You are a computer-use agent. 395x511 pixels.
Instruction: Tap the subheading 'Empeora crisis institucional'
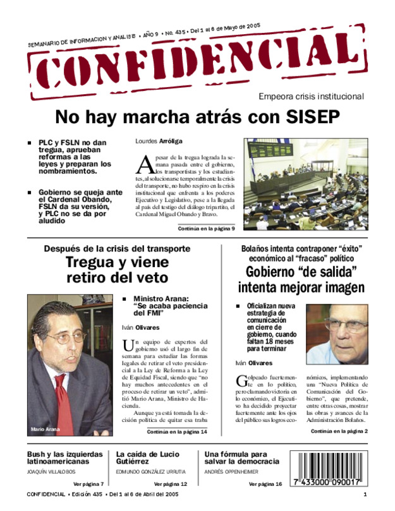pos(311,97)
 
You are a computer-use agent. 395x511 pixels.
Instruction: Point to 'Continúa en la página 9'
pos(202,228)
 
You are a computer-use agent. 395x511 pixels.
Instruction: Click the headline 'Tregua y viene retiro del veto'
pos(118,270)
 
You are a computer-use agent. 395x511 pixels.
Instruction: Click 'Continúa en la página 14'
pos(177,432)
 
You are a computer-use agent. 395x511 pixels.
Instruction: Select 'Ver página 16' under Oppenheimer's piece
pos(265,484)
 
